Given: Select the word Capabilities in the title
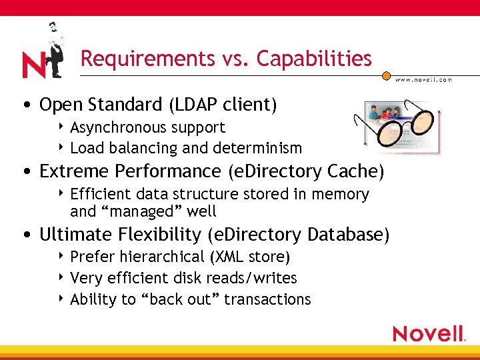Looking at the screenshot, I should pyautogui.click(x=314, y=59).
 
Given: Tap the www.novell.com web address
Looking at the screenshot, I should pyautogui.click(x=424, y=79).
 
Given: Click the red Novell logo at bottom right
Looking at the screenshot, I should pyautogui.click(x=429, y=333).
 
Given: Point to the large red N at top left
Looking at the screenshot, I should pyautogui.click(x=34, y=65).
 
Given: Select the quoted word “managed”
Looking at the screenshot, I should pyautogui.click(x=135, y=212).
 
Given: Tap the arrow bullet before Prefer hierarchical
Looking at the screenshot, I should pyautogui.click(x=62, y=256).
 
